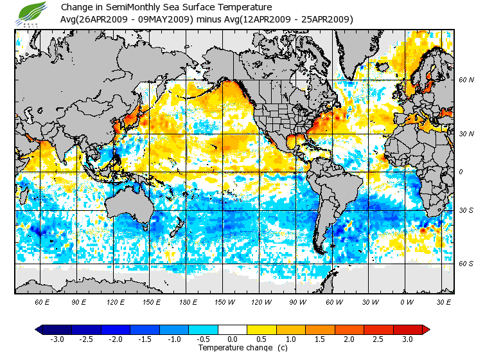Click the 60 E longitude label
coord(43,301)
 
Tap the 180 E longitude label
coord(188,301)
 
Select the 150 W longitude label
coord(224,301)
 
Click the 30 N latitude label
coord(466,134)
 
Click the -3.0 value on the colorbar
coord(57,339)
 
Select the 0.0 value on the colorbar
coord(233,339)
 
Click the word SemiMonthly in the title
coord(125,8)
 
